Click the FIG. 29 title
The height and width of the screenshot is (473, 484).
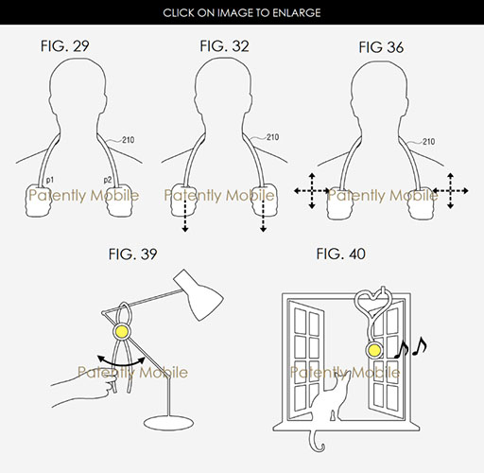coord(65,46)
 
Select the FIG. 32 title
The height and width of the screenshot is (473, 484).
coord(224,46)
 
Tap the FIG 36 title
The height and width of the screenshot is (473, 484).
coord(381,47)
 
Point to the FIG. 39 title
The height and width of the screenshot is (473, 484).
coord(132,254)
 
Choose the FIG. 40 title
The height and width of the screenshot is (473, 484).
coord(340,254)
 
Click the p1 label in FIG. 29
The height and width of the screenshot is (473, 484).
coord(50,180)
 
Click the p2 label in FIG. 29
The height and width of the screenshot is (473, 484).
coord(108,180)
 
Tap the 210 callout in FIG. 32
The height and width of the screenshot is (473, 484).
coord(272,137)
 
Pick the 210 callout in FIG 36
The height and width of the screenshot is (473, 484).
coord(428,142)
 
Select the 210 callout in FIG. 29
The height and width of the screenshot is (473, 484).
coord(128,140)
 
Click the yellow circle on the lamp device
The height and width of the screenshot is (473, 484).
coord(122,331)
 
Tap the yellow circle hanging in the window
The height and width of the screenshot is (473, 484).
coord(374,350)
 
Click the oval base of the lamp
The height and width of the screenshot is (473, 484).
coord(168,423)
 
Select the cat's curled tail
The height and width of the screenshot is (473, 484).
coord(316,441)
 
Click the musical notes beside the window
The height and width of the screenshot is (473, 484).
coord(410,347)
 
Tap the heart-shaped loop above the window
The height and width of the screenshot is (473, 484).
coord(373,299)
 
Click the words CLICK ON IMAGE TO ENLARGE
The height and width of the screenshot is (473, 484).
coord(242,12)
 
